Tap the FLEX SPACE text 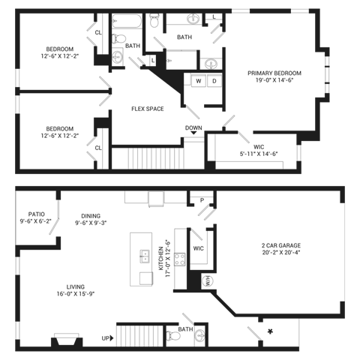[x=147, y=109]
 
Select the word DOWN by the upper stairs [x=193, y=127]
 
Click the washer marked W [x=199, y=80]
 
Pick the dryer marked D [x=213, y=80]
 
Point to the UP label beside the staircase [x=106, y=338]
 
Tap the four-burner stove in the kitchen [x=182, y=259]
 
